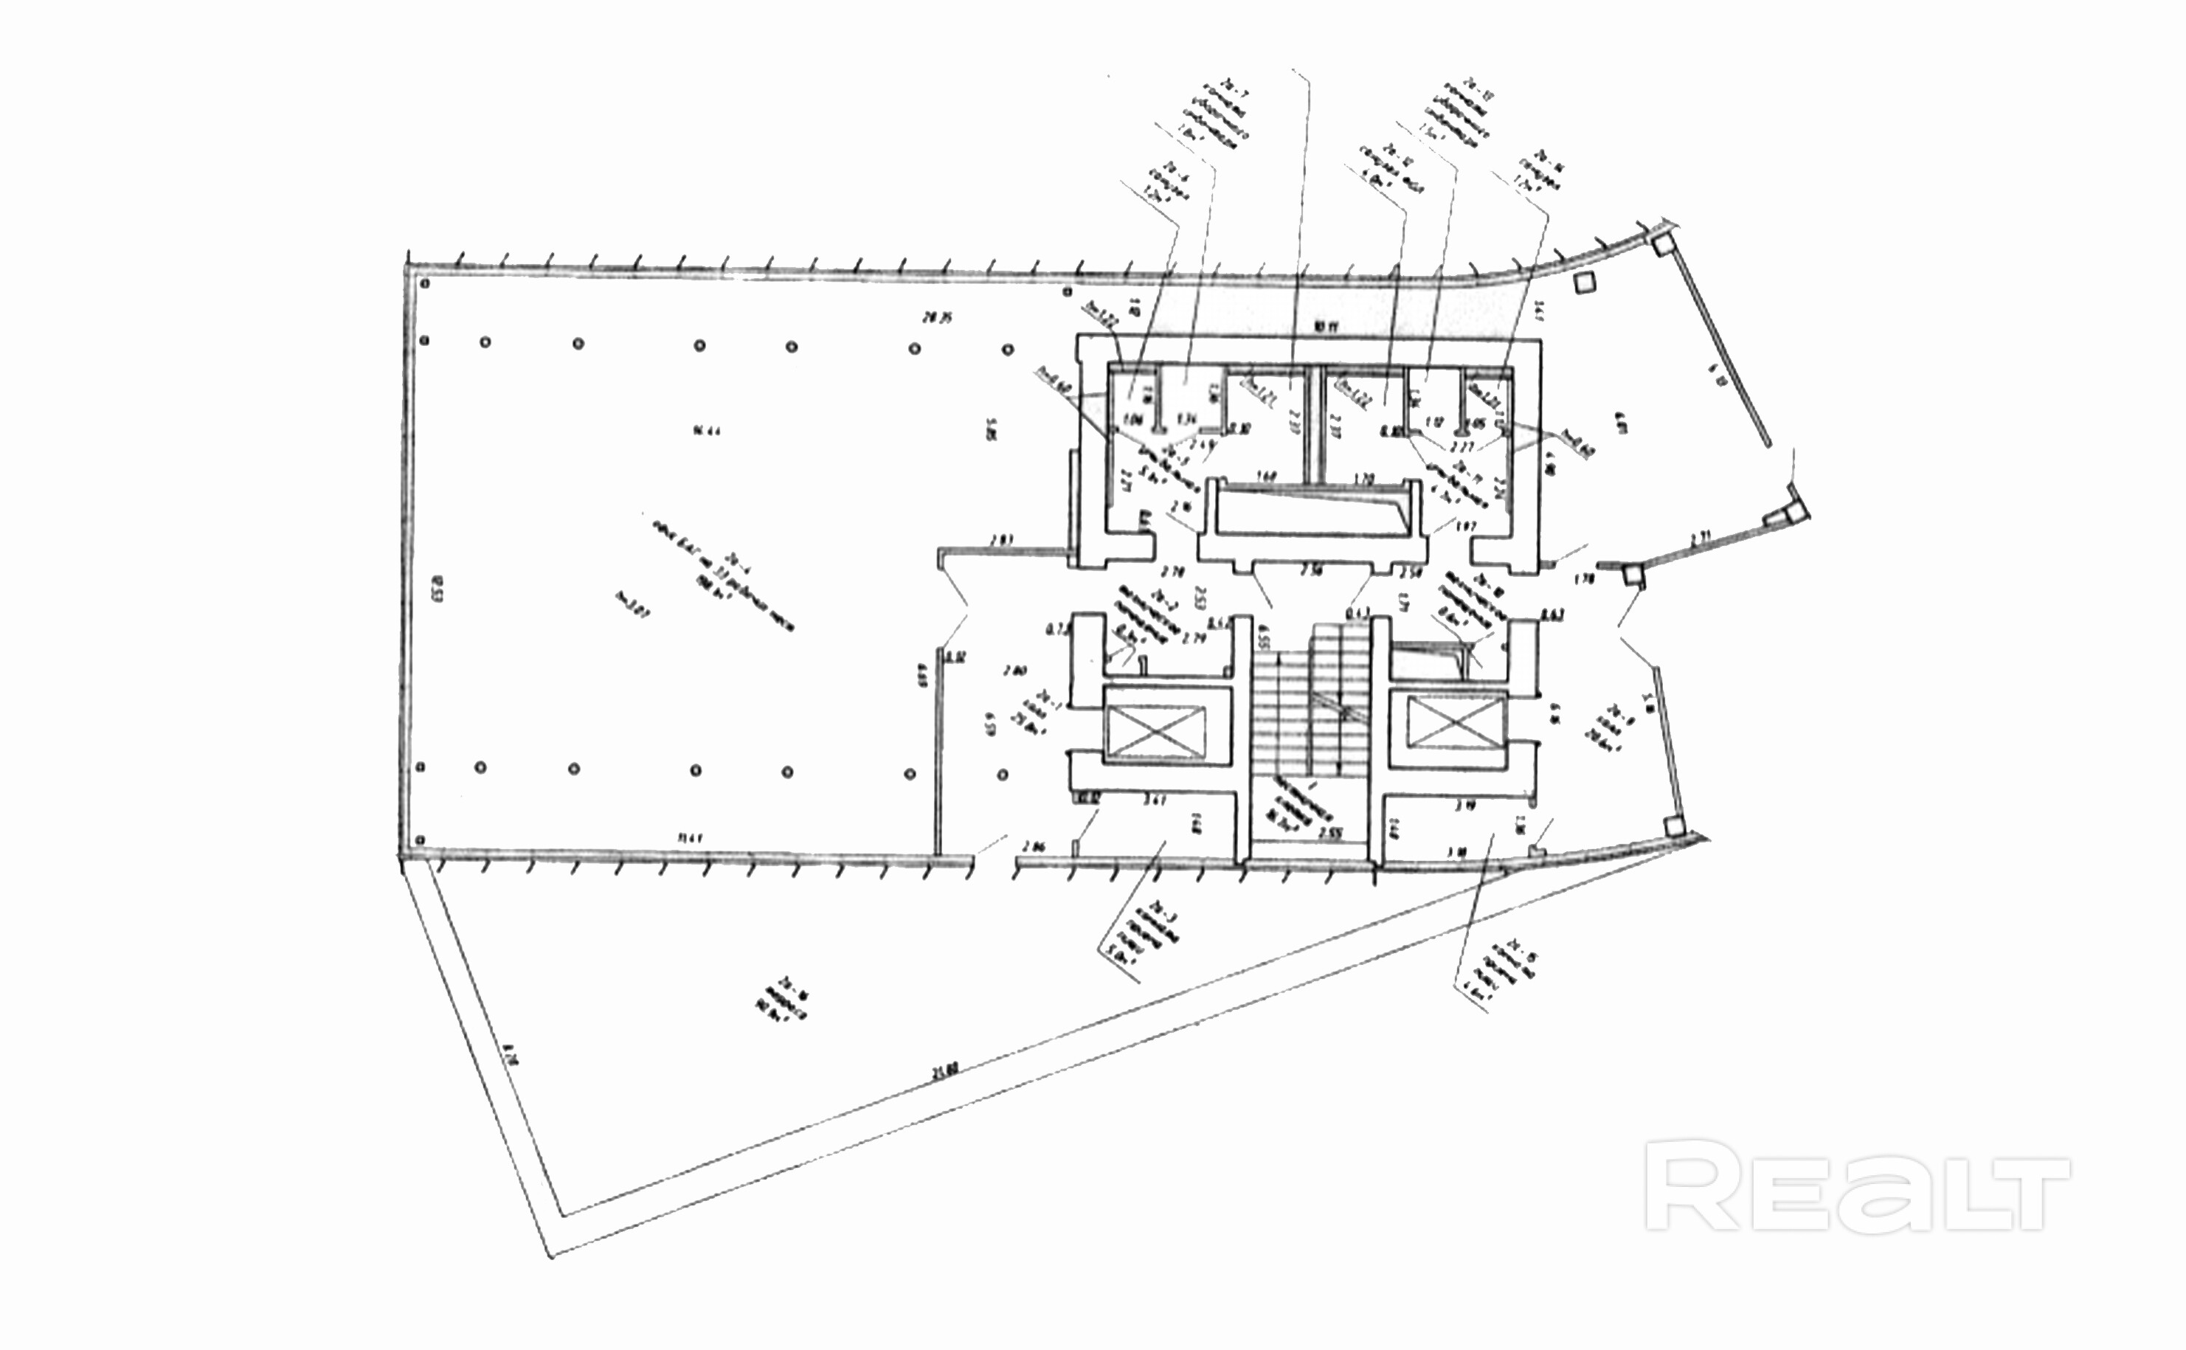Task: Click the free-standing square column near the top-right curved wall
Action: coord(1584,284)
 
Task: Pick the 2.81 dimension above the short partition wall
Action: coord(1001,539)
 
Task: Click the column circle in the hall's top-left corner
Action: coord(425,284)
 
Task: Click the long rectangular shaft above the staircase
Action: coord(1306,513)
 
